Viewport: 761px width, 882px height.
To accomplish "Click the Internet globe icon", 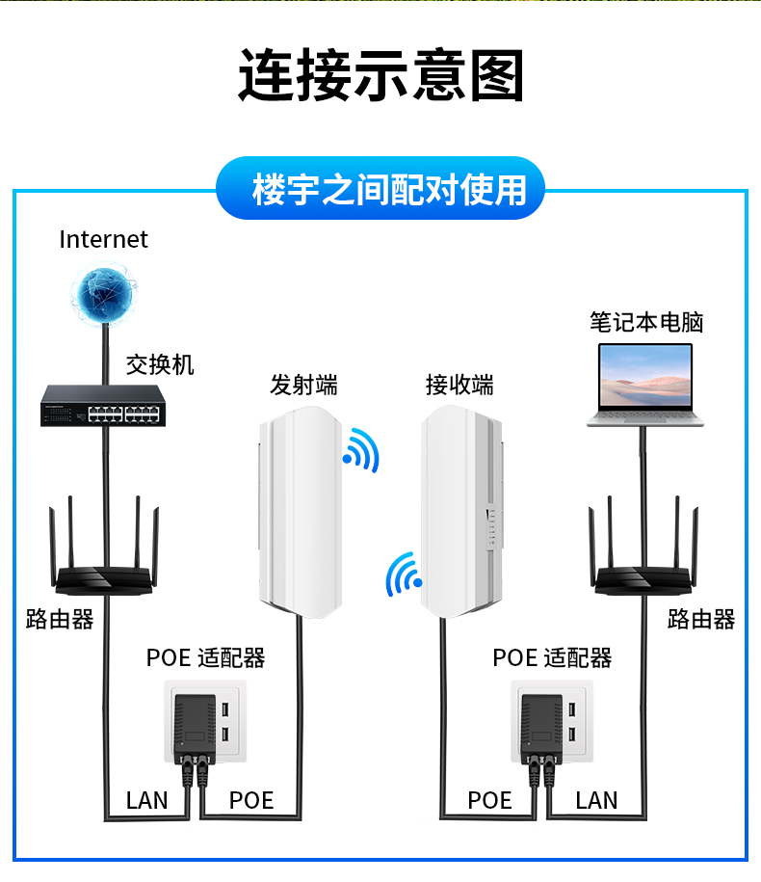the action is tap(104, 293).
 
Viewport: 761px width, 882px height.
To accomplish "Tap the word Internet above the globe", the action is tap(103, 240).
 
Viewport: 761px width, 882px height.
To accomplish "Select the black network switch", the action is tap(103, 406).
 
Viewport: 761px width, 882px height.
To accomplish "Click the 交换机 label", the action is tap(160, 365).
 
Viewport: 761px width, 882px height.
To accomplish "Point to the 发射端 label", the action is tap(303, 386).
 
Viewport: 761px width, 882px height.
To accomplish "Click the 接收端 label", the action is tap(459, 386).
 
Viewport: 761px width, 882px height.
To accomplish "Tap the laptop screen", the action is tap(645, 375).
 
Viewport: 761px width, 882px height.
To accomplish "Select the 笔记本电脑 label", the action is tap(646, 322).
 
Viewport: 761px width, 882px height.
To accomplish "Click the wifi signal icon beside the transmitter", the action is tap(361, 450).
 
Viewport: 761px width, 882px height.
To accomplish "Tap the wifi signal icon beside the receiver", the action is tap(403, 575).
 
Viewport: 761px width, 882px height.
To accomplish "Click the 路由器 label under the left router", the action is tap(60, 619).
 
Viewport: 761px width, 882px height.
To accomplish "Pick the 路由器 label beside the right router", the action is tap(701, 619).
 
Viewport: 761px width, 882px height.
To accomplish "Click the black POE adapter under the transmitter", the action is tap(195, 726).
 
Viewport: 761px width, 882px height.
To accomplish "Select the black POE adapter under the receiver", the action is tap(541, 726).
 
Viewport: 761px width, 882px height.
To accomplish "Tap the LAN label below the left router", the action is tap(146, 800).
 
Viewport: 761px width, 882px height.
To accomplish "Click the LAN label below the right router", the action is tap(596, 800).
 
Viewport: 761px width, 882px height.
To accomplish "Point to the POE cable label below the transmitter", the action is tap(251, 800).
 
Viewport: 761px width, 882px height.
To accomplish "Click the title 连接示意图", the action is tap(381, 75).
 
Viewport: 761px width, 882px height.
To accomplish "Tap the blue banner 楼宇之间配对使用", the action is tap(380, 188).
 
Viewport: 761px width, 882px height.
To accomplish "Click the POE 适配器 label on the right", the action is tap(552, 657).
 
